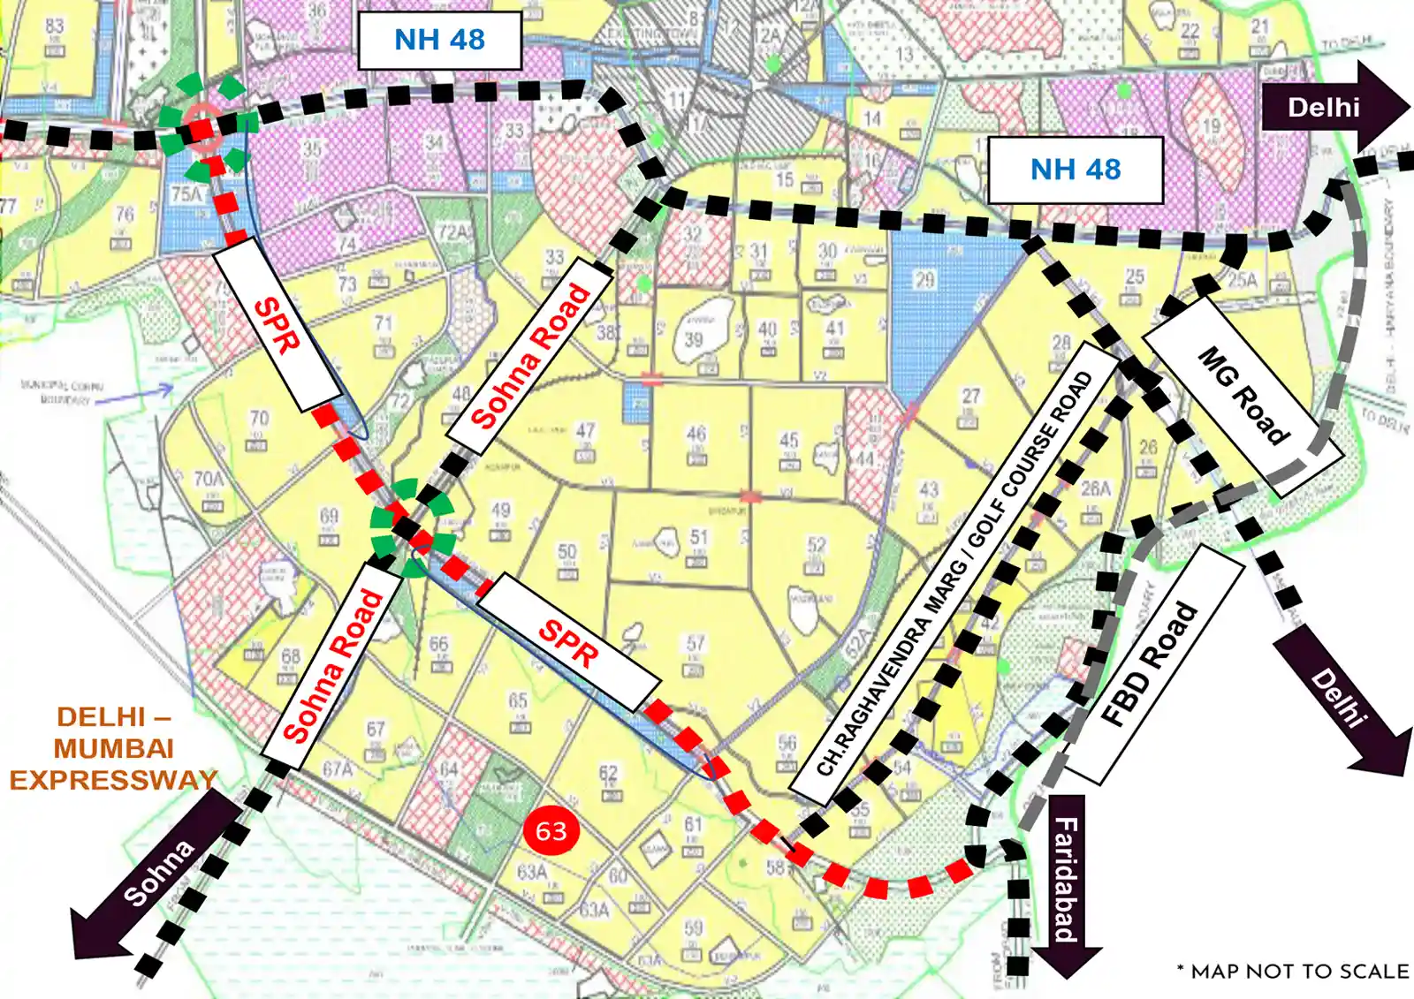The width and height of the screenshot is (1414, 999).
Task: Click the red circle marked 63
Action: (551, 830)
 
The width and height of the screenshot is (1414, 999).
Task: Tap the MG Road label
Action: (1243, 395)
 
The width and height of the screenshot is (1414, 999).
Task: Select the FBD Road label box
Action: (1151, 664)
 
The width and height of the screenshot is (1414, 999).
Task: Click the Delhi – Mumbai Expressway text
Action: (113, 748)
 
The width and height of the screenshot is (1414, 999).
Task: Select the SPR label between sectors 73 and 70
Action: (277, 324)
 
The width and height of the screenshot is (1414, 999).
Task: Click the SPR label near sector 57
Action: (568, 642)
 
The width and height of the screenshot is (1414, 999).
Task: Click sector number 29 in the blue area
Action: (924, 280)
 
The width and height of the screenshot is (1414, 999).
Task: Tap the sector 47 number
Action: (585, 431)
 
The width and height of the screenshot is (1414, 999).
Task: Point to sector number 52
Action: (816, 545)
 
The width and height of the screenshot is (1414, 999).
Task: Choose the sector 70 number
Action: (259, 418)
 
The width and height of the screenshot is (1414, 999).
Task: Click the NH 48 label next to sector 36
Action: (439, 40)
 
